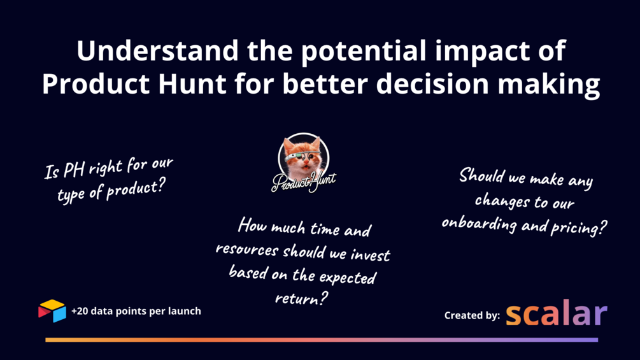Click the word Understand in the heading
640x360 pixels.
[157, 50]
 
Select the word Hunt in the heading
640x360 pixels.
[192, 83]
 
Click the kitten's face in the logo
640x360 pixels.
[303, 157]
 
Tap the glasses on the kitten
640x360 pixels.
[302, 155]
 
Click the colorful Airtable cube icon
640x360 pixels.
[52, 311]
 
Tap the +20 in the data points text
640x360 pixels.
[80, 311]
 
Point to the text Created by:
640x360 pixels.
[472, 315]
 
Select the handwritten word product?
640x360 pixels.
[136, 189]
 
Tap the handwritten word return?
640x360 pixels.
[301, 298]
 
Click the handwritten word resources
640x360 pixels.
[247, 249]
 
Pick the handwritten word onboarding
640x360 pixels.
[479, 224]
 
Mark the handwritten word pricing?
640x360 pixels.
[578, 227]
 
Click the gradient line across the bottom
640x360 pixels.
[322, 340]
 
